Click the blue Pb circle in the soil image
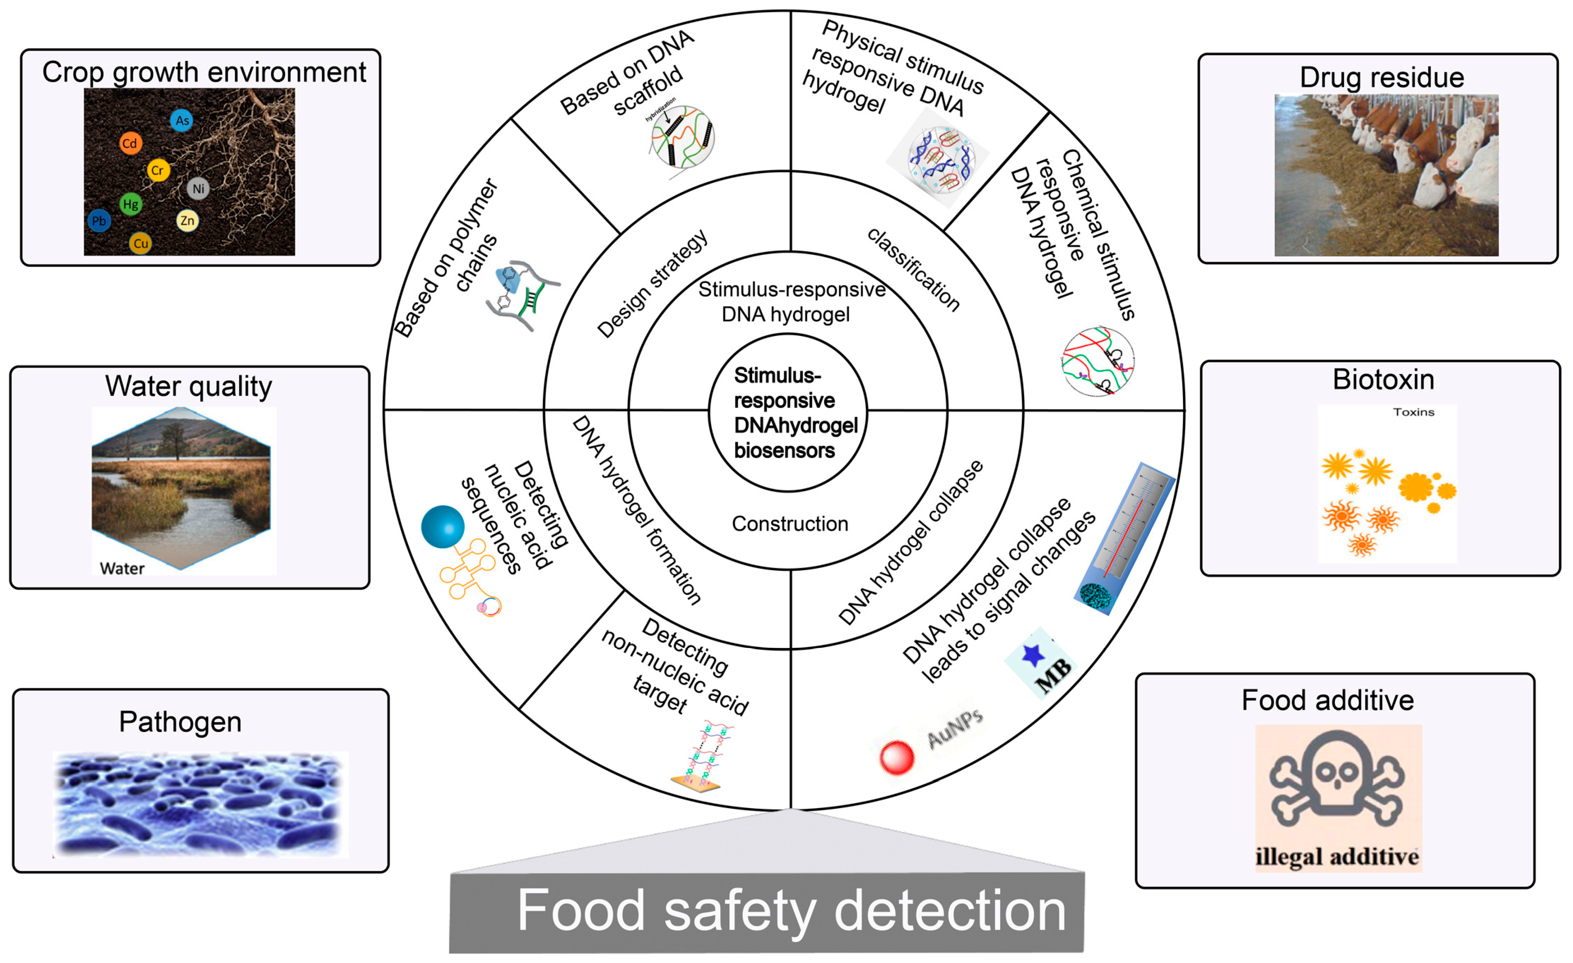point(99,221)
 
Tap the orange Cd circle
point(130,143)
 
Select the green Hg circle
point(130,204)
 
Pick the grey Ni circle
point(199,188)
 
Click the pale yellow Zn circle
point(187,221)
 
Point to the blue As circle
point(182,120)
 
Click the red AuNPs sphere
point(896,756)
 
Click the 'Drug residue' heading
point(1382,78)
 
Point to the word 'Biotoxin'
point(1383,380)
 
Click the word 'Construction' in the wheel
point(790,524)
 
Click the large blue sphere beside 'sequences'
point(442,526)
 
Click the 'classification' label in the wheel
point(913,270)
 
